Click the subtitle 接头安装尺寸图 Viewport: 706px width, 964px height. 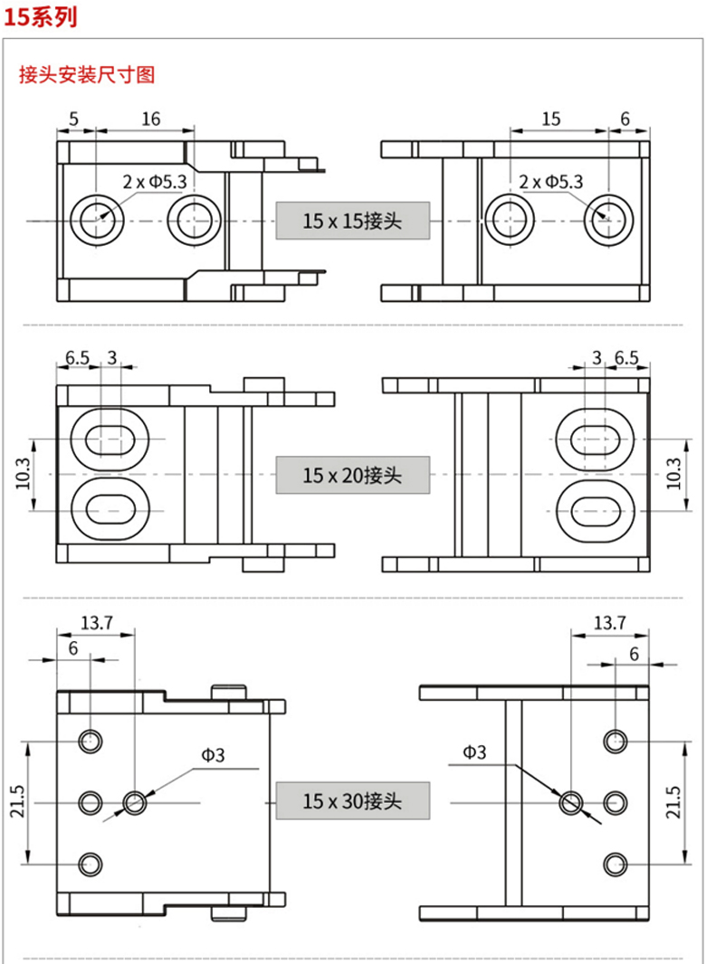(x=87, y=75)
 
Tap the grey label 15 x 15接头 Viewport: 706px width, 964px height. (x=352, y=220)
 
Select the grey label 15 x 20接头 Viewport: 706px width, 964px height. (x=352, y=475)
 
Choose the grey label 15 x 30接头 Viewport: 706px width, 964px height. (x=352, y=801)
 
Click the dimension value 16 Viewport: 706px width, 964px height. (x=151, y=118)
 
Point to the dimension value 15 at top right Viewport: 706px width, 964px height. (x=551, y=118)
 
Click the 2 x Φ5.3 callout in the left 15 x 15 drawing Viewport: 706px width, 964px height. (x=155, y=182)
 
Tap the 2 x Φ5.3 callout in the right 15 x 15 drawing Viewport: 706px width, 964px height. (x=551, y=182)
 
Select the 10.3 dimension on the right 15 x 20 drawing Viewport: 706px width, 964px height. (x=673, y=474)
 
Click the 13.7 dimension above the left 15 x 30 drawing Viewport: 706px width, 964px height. (x=96, y=622)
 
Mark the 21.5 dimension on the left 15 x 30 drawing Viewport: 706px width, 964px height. (x=17, y=801)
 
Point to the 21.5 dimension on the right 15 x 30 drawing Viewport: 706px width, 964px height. (x=673, y=801)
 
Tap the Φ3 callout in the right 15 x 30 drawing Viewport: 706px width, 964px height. (x=474, y=751)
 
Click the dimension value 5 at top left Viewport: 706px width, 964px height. (x=73, y=118)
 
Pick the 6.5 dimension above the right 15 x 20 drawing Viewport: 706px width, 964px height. (x=626, y=357)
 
